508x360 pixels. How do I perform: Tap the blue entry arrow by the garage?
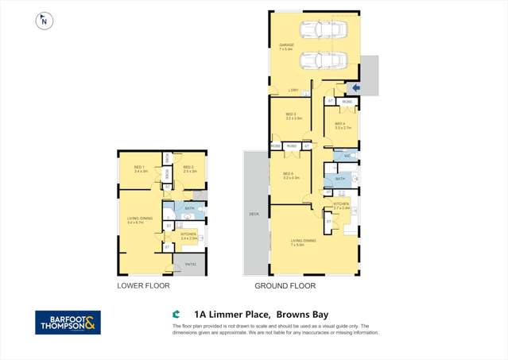(355, 87)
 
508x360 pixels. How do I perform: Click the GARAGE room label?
(286, 46)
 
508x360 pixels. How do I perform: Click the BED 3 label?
(291, 115)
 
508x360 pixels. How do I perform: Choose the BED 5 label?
(289, 174)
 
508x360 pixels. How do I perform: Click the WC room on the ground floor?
(347, 156)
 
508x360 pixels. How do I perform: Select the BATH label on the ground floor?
(339, 180)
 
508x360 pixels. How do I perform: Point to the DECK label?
(254, 213)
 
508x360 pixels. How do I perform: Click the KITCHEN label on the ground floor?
(341, 203)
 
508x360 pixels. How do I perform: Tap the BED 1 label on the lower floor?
(141, 168)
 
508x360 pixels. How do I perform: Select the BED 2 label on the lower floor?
(188, 168)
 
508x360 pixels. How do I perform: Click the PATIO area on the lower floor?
(190, 264)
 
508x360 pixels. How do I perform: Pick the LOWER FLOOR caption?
(143, 285)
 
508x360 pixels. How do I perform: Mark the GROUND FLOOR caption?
(285, 285)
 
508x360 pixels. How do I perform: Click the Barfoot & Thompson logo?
(68, 322)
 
